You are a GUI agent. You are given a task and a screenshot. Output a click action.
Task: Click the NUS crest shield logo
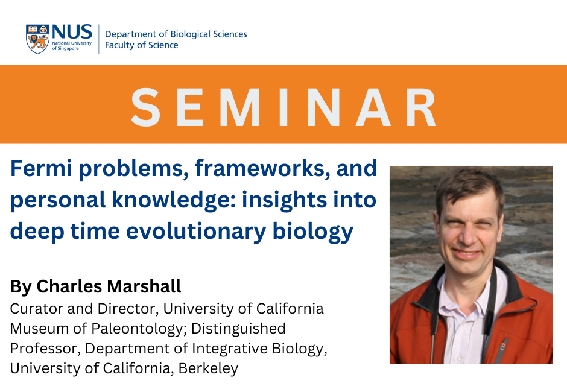(x=37, y=39)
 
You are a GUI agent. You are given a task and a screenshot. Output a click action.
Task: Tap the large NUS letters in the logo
(x=72, y=32)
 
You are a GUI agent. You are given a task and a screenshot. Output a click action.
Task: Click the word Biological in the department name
(x=190, y=35)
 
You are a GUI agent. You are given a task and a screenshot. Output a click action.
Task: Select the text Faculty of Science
(x=141, y=45)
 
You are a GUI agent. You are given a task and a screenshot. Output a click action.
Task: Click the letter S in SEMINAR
(x=145, y=107)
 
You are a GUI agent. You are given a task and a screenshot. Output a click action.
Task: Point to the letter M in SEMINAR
(x=239, y=107)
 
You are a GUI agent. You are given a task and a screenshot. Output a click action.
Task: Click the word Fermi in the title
(x=41, y=168)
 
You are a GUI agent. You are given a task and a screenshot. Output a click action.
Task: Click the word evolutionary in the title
(x=196, y=232)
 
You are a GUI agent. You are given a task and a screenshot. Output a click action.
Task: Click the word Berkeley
(x=208, y=368)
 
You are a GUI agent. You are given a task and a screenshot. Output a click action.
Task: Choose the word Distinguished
(x=238, y=329)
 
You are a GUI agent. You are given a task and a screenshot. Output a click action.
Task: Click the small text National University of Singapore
(x=72, y=46)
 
